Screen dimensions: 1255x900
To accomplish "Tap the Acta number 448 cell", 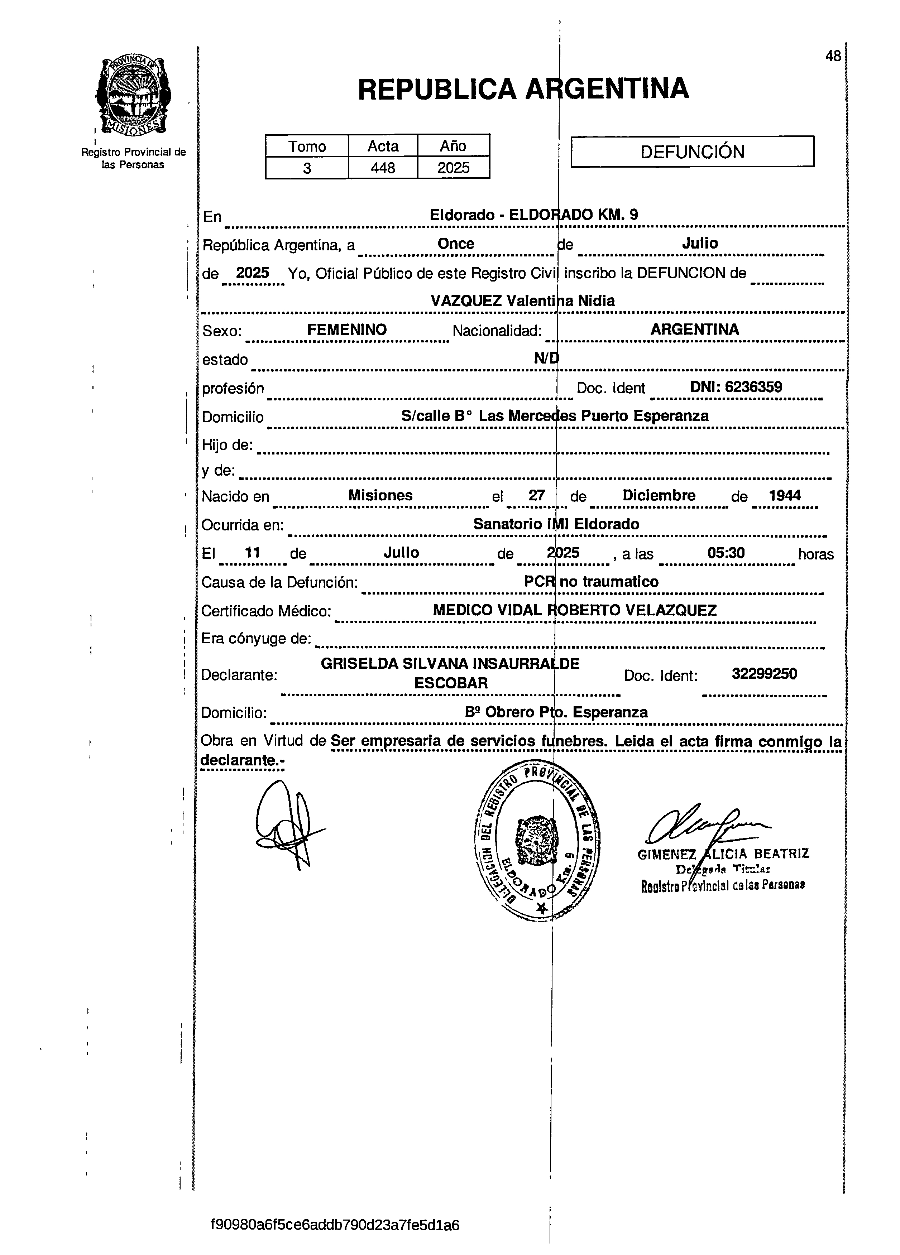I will (x=383, y=168).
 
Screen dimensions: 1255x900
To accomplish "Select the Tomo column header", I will (x=307, y=146).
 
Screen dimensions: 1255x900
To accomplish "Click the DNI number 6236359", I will (x=736, y=387).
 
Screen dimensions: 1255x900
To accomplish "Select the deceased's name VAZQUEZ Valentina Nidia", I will (x=522, y=301).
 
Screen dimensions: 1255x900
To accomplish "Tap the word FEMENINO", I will (x=347, y=330).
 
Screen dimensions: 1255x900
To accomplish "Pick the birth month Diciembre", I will (x=659, y=495).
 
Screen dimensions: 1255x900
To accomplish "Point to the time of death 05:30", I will (x=726, y=552).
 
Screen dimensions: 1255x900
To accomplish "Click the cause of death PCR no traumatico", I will (x=591, y=582).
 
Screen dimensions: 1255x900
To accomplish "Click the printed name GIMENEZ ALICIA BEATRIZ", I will (x=723, y=854).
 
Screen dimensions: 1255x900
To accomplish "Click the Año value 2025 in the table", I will (x=453, y=168).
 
